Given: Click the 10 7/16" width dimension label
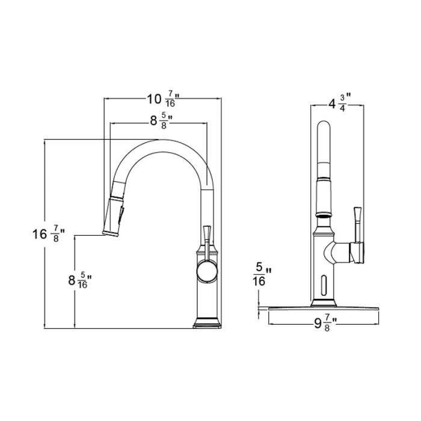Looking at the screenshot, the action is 163,99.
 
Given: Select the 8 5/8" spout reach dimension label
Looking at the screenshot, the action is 161,121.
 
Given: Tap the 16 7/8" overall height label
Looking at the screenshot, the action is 49,234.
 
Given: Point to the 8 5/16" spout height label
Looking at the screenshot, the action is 80,281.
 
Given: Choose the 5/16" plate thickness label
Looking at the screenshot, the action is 262,274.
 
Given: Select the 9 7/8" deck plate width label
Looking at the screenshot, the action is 326,324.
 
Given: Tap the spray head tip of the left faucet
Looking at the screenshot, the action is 110,233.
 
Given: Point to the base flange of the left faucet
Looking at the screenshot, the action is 207,323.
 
